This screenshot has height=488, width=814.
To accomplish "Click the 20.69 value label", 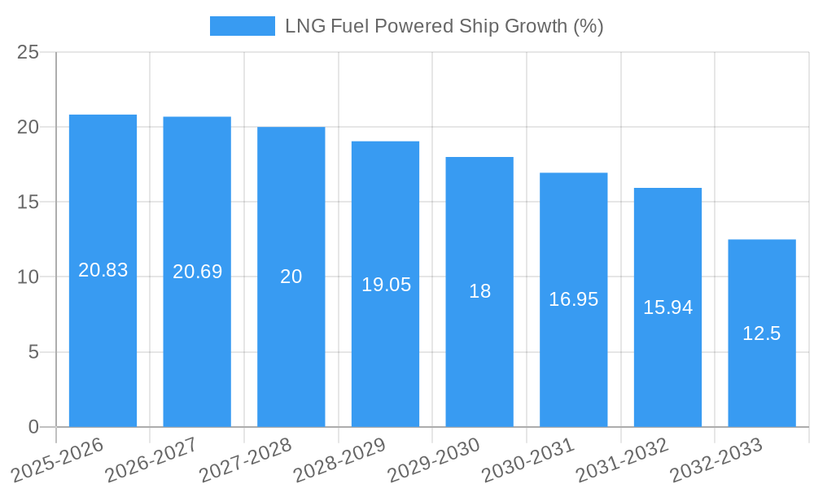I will point(197,272).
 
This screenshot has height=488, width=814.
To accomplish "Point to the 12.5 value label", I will point(762,333).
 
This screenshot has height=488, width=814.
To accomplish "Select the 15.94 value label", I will point(667,307).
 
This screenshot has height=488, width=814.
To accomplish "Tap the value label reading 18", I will point(479,291).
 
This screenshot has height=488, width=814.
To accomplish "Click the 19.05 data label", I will point(386,285).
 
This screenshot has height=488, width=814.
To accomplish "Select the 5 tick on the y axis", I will point(33,352).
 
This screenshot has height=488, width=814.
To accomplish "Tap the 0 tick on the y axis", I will point(33,427).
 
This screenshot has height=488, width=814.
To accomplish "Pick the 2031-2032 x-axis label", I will point(623,460).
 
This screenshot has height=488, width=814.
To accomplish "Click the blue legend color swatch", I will point(242,26).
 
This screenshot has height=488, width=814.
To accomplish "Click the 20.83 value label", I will point(103,270).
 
